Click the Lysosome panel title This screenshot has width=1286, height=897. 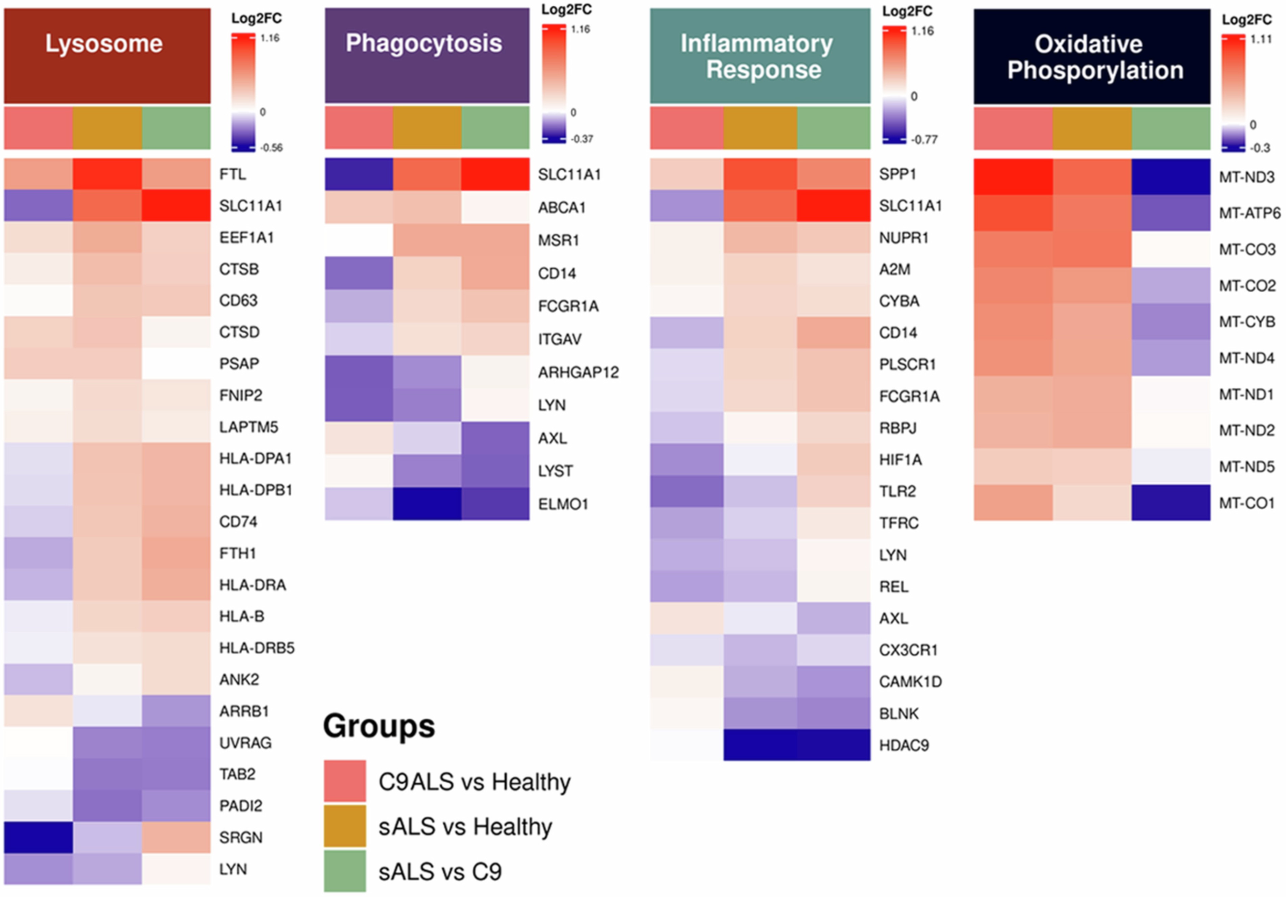[x=104, y=44]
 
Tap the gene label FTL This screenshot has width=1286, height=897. [x=233, y=175]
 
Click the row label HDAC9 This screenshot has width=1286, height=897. [x=903, y=745]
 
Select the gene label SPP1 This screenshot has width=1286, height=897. [x=897, y=174]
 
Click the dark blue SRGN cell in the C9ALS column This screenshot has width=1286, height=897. [x=38, y=837]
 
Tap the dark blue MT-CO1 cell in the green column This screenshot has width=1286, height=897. [x=1171, y=503]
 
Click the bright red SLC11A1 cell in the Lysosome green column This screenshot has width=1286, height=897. [x=176, y=205]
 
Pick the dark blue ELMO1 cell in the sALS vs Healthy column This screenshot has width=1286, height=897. [x=427, y=504]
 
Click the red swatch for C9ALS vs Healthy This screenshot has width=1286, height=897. [x=344, y=780]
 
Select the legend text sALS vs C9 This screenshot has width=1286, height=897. [x=440, y=872]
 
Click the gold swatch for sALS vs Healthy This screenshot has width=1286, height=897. [x=344, y=826]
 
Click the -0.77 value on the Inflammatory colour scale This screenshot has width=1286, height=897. [x=924, y=140]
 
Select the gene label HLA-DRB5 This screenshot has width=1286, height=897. [x=257, y=648]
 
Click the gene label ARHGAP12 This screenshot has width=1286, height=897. [x=578, y=372]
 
